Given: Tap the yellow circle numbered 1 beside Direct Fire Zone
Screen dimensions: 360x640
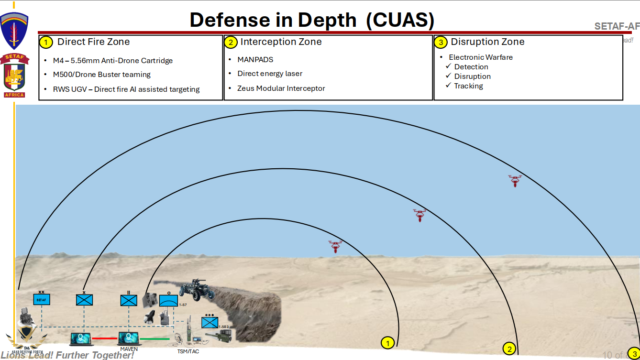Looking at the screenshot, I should [x=45, y=42].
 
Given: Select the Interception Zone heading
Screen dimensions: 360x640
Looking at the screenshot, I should [x=281, y=42].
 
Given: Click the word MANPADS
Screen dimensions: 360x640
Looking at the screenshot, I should [x=255, y=60].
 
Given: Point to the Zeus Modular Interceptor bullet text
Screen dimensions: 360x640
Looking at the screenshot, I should [x=281, y=88].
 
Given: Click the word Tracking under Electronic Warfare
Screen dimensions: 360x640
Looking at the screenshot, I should [x=468, y=86].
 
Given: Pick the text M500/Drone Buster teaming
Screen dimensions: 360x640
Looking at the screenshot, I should [x=101, y=75].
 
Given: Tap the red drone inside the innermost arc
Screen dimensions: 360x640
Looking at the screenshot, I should [x=335, y=246].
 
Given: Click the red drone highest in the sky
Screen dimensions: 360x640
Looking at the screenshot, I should [x=515, y=180].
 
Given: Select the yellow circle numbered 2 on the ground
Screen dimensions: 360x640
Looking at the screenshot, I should [x=509, y=349].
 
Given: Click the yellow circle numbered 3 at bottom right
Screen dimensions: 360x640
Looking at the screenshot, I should [x=633, y=353].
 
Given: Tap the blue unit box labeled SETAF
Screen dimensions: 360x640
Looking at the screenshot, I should [x=42, y=299].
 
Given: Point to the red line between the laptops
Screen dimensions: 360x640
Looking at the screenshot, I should [x=105, y=338].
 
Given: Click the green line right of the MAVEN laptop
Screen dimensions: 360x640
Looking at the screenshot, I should [x=154, y=339].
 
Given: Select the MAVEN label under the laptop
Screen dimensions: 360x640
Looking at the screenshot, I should [x=129, y=349].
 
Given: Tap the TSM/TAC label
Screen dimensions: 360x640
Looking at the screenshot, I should [x=188, y=351].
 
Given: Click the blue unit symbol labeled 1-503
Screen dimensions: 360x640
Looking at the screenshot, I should [x=210, y=322].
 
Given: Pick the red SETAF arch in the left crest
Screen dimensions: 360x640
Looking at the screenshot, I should [x=14, y=57].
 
